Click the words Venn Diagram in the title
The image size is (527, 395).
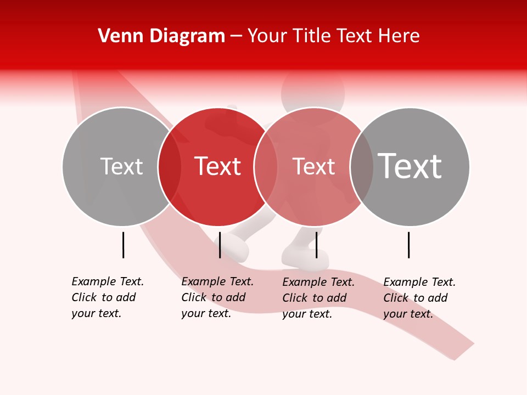[x=161, y=36]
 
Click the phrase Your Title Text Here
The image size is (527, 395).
[x=333, y=36]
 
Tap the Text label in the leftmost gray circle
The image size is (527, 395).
[x=121, y=167]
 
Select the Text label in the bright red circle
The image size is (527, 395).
[x=218, y=167]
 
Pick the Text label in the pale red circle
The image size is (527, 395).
[x=313, y=167]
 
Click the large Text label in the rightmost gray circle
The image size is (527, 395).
[x=410, y=166]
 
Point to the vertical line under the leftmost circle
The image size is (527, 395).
[x=123, y=245]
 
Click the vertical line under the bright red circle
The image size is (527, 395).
[x=220, y=245]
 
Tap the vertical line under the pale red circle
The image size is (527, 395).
[x=316, y=245]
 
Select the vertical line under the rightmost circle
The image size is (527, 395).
[x=409, y=245]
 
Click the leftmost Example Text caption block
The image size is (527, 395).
[x=108, y=297]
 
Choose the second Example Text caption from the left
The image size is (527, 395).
[x=217, y=297]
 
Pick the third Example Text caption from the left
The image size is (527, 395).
[x=318, y=298]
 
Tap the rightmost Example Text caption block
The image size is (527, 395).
[x=419, y=298]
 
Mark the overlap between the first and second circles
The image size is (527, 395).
[x=170, y=167]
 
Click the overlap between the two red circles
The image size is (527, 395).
[x=266, y=167]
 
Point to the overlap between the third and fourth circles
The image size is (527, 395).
[x=362, y=167]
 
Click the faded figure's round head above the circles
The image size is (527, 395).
[x=313, y=91]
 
